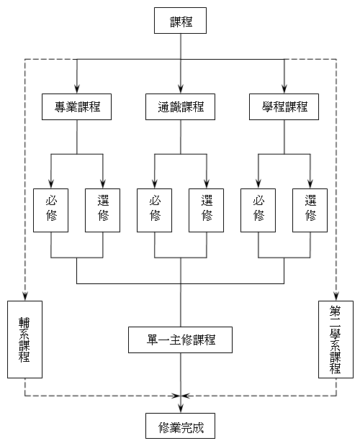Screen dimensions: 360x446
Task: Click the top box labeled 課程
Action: tap(180, 20)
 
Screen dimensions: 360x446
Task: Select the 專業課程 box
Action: tap(76, 106)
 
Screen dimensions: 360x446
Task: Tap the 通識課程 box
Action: tap(180, 106)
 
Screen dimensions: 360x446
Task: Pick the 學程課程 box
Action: tap(284, 106)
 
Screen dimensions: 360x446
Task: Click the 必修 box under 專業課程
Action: tap(50, 210)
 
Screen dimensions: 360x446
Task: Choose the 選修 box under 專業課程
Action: tap(102, 210)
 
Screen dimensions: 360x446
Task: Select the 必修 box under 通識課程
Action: tap(154, 210)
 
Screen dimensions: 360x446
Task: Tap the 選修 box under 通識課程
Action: tap(207, 210)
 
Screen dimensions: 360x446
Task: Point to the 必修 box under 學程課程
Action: tap(258, 210)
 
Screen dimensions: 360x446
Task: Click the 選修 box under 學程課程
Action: tap(310, 210)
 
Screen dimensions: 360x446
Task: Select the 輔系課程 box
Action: tap(24, 340)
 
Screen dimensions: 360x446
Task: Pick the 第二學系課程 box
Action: tap(336, 340)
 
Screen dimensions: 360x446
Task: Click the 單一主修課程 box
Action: tap(180, 340)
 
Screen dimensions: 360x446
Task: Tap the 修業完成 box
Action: tap(180, 426)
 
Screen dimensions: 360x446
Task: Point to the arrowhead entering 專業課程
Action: tap(76, 89)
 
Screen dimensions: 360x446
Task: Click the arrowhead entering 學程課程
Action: tap(284, 89)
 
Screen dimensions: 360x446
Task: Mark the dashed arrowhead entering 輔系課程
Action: tap(24, 296)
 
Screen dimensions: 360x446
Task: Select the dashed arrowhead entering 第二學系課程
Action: tap(336, 296)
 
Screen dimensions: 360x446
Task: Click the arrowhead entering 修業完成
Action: tap(180, 409)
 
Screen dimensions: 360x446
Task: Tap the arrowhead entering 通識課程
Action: tap(180, 89)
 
